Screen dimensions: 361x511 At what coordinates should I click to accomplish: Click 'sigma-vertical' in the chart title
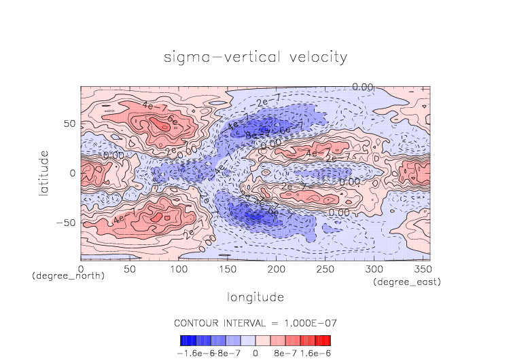point(215,57)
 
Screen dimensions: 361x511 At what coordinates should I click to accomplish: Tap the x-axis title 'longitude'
point(255,297)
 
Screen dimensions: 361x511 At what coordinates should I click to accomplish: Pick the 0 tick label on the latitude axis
point(73,173)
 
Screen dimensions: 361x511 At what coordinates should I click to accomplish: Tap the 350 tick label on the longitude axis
point(422,269)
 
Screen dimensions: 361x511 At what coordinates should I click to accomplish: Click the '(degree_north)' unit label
point(68,277)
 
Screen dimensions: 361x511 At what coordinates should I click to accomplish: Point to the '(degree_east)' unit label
point(406,281)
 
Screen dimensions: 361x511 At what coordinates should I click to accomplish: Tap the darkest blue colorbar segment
point(184,340)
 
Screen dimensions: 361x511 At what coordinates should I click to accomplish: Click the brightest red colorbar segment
point(326,340)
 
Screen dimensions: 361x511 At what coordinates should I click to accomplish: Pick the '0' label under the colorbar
point(255,353)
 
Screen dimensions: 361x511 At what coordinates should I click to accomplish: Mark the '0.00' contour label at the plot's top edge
point(364,86)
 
